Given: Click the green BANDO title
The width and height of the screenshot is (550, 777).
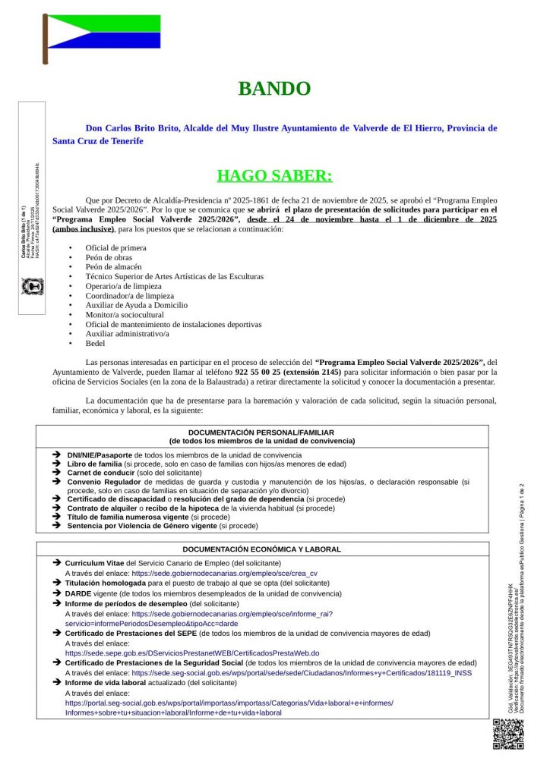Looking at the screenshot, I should pyautogui.click(x=274, y=89).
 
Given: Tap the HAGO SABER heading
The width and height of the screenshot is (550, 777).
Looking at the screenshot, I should pyautogui.click(x=274, y=176).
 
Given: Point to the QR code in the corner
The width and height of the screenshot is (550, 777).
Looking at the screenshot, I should pyautogui.click(x=508, y=734).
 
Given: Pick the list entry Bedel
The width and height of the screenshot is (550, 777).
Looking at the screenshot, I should pyautogui.click(x=96, y=343).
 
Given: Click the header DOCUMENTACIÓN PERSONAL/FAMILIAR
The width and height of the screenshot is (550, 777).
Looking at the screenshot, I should pyautogui.click(x=261, y=433).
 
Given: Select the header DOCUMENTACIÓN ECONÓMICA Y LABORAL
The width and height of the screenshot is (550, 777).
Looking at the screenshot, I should pyautogui.click(x=261, y=549).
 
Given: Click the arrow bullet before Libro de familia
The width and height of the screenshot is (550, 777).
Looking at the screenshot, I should pyautogui.click(x=57, y=463).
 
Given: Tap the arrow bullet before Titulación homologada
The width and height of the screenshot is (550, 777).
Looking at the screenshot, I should pyautogui.click(x=57, y=583).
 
